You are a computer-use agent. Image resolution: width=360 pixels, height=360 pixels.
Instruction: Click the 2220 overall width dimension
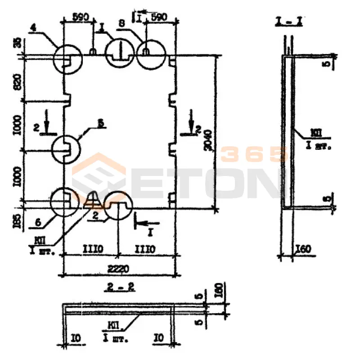coord(119,269)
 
